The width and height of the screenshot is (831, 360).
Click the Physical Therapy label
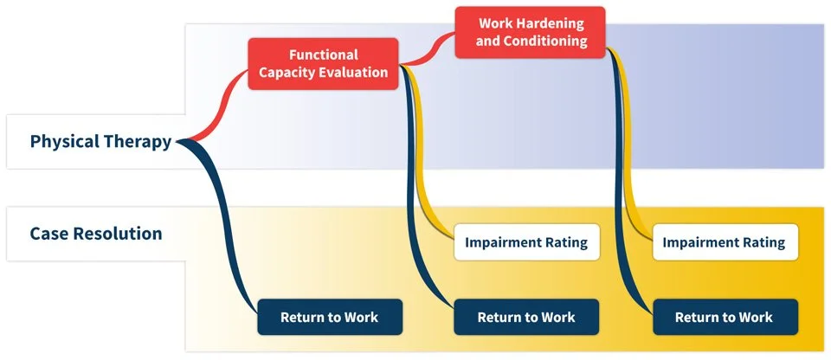click(100, 142)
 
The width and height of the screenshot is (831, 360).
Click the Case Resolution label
click(95, 234)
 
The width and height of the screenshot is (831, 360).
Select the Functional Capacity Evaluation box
click(324, 64)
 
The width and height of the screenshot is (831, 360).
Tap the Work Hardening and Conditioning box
click(531, 33)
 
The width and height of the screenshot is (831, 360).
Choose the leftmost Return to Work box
click(329, 317)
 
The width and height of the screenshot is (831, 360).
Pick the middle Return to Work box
click(526, 317)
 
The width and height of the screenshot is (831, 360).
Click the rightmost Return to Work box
click(725, 317)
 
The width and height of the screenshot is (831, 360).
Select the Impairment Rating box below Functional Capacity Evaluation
click(526, 242)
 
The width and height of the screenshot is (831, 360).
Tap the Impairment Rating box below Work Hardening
click(724, 242)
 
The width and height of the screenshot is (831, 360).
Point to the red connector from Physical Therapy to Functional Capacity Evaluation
click(222, 100)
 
